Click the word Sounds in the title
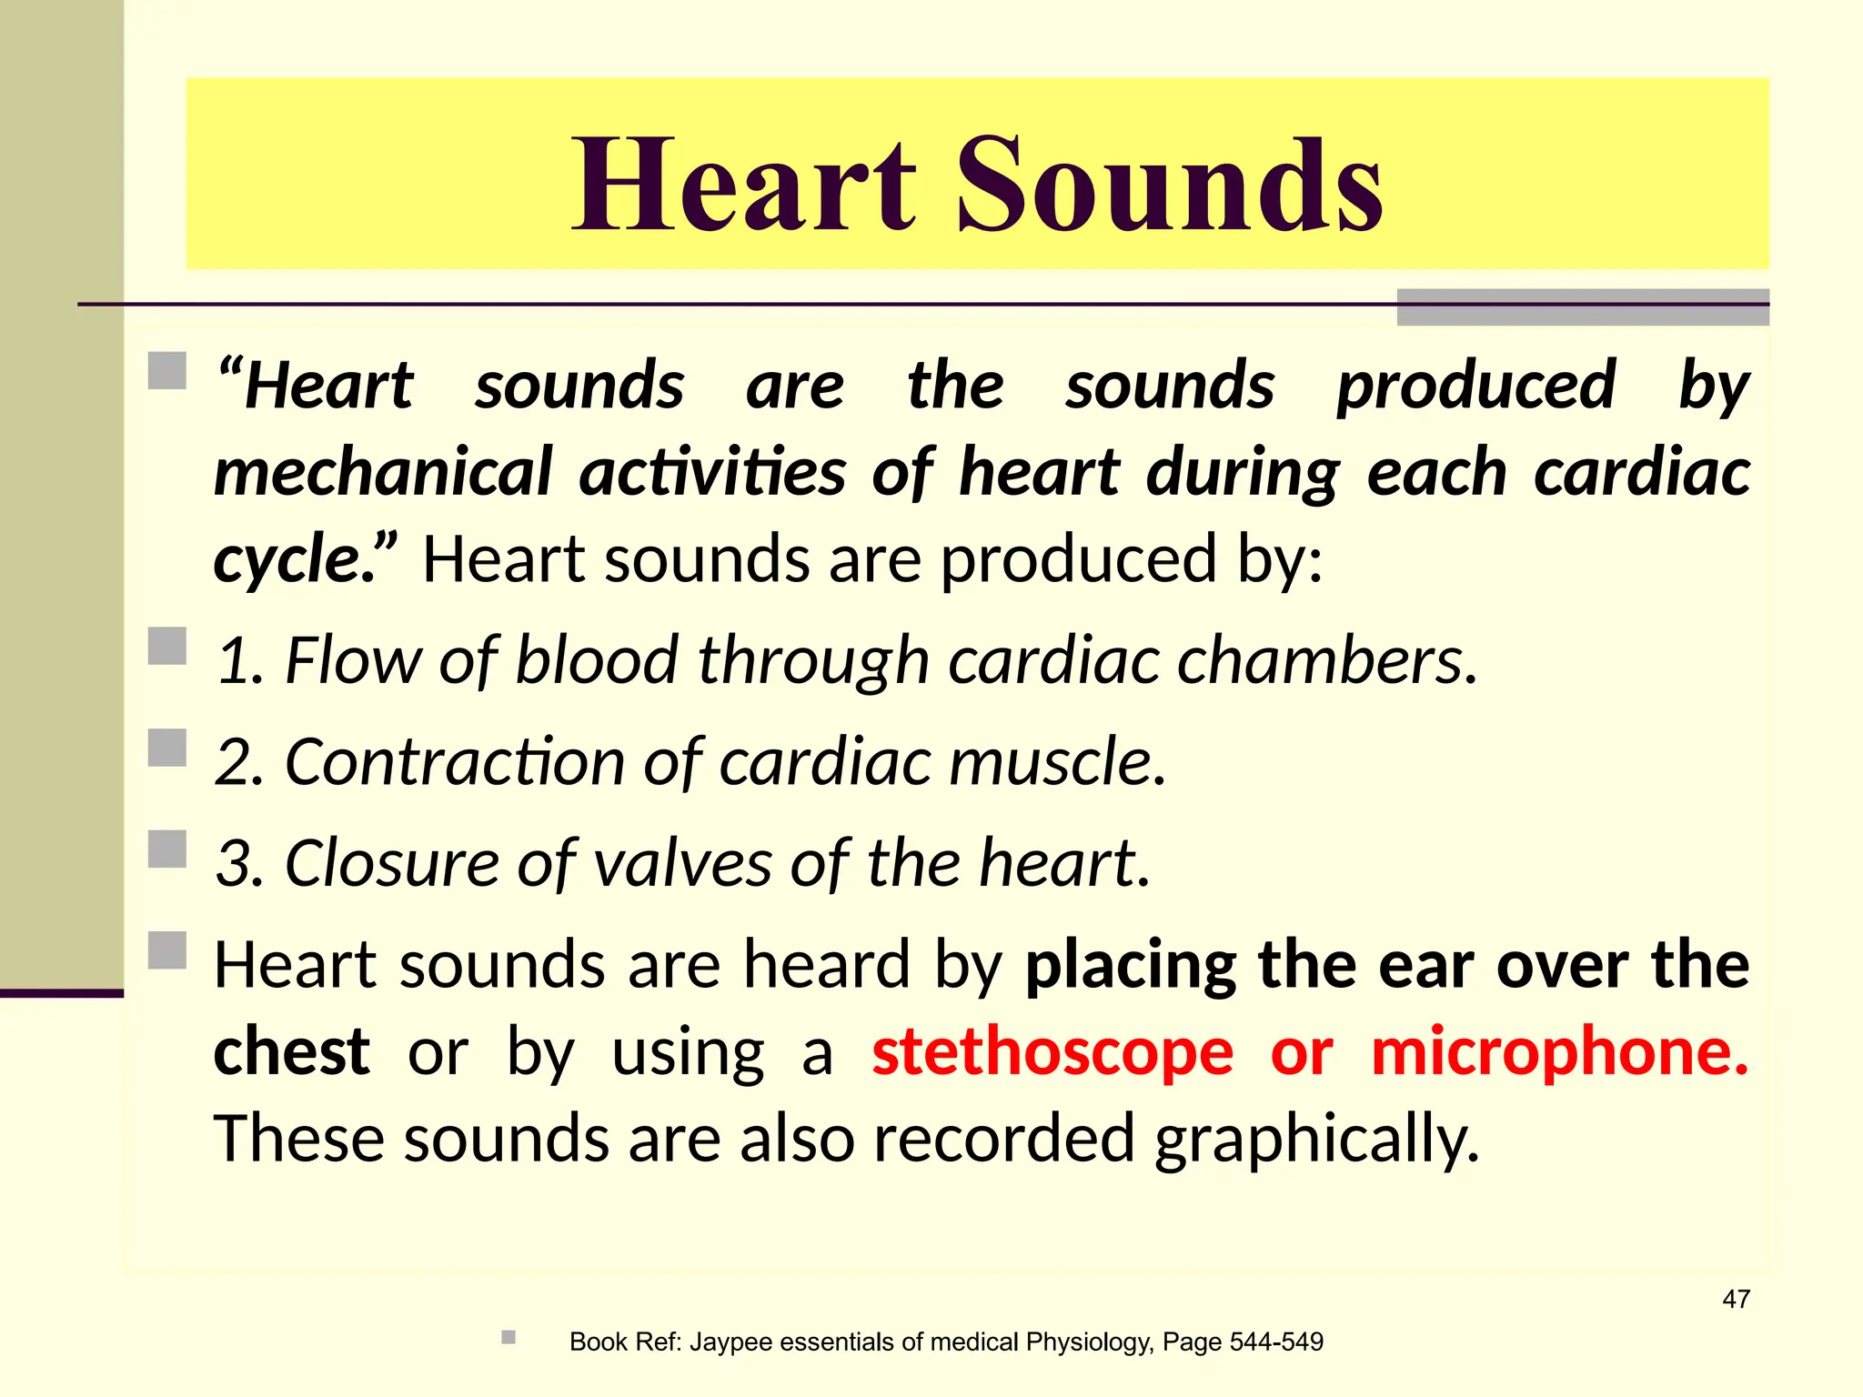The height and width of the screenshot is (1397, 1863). [1170, 185]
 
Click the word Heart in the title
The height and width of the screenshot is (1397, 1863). [743, 185]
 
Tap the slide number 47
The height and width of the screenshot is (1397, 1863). [1736, 1299]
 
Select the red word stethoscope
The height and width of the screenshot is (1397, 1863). [1052, 1052]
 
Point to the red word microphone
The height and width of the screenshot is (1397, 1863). [1559, 1052]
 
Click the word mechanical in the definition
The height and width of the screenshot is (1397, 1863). [383, 473]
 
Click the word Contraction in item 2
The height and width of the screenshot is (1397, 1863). [454, 762]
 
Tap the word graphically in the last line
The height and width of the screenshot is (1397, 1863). [1316, 1140]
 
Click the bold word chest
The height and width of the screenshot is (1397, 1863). [291, 1052]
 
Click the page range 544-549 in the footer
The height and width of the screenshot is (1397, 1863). [1276, 1342]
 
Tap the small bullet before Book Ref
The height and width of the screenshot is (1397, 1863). [509, 1337]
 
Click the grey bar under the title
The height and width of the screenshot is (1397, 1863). [1582, 307]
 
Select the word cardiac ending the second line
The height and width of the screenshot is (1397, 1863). [1642, 473]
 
